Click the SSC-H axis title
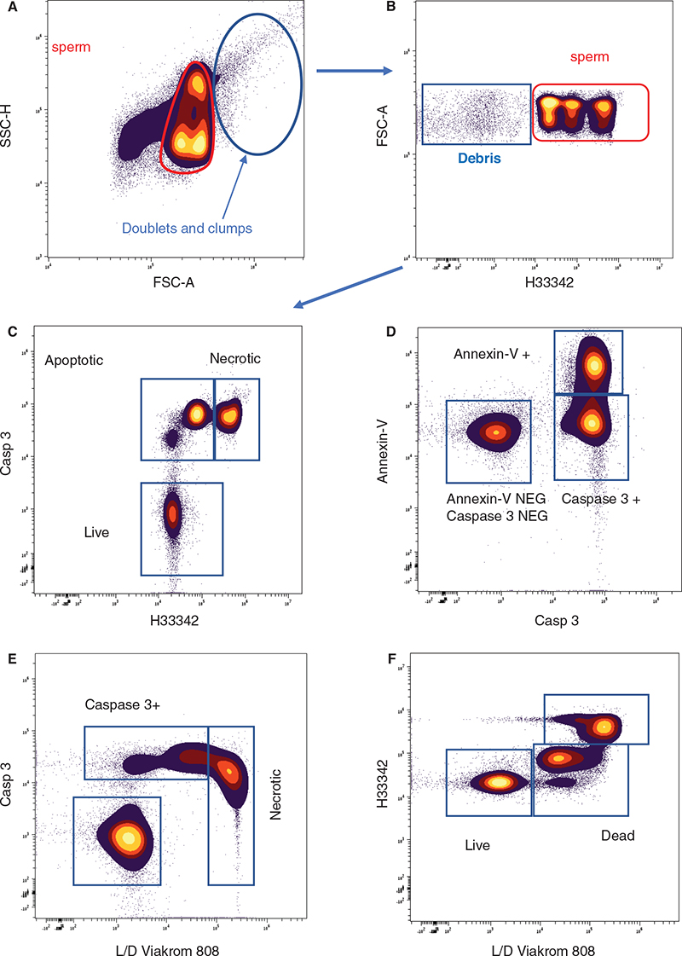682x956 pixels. [x=10, y=131]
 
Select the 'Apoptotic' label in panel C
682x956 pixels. [x=73, y=361]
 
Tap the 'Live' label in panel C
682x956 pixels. [x=97, y=531]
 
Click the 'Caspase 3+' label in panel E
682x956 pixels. [x=117, y=706]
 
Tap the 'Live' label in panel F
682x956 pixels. [x=477, y=843]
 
